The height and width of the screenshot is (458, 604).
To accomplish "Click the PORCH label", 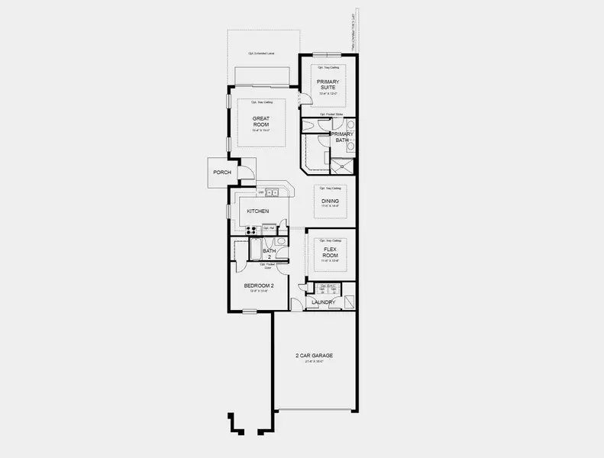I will (x=222, y=173).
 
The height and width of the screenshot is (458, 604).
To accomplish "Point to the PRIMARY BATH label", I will (x=341, y=137).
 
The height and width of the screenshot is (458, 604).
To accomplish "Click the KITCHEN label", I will (x=257, y=211).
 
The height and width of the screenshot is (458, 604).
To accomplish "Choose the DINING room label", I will (x=330, y=201).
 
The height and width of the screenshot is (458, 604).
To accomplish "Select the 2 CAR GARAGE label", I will (x=314, y=356).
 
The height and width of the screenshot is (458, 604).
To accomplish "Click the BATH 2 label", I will (x=269, y=253).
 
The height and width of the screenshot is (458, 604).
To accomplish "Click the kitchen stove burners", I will (x=251, y=228).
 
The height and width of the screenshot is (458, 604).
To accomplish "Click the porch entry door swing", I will (x=247, y=173).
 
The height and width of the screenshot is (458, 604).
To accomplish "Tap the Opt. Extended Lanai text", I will (x=261, y=54).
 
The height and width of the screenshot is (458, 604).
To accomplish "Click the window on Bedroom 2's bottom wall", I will (x=250, y=311).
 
